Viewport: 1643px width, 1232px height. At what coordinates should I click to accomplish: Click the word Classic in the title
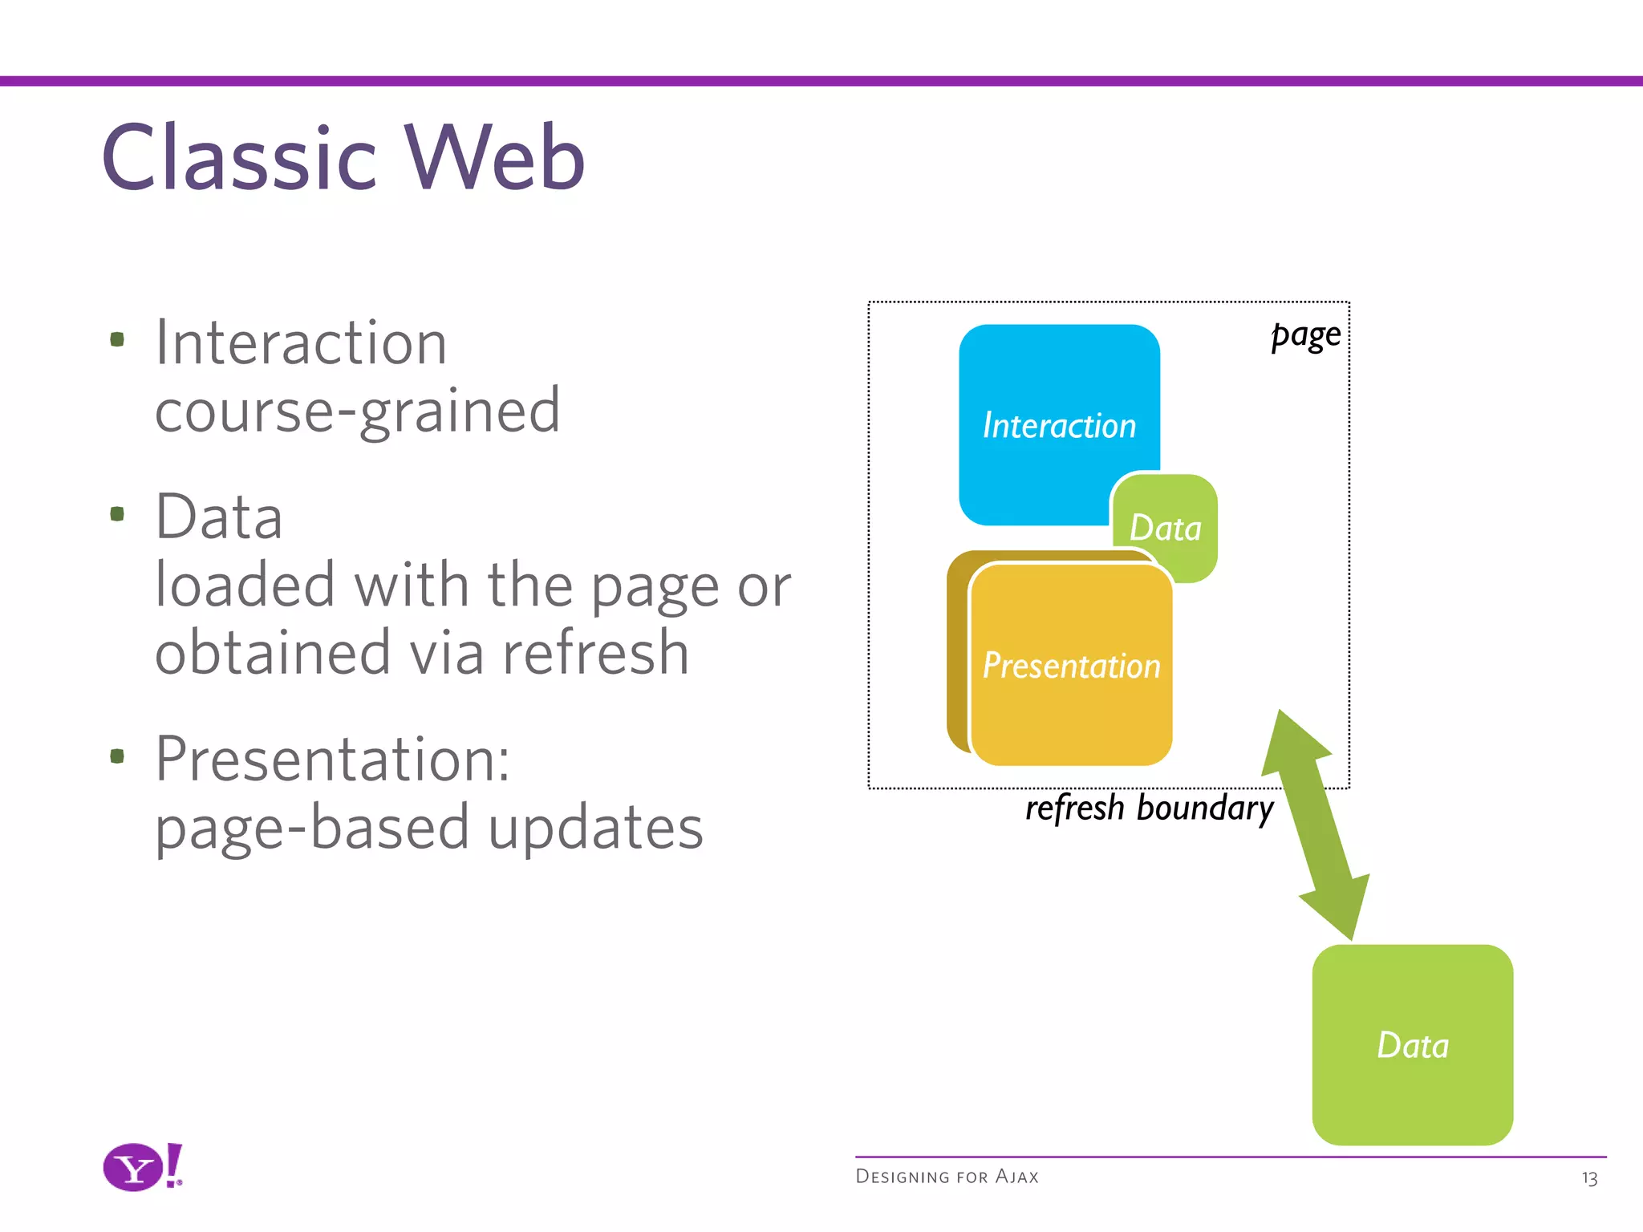(x=238, y=159)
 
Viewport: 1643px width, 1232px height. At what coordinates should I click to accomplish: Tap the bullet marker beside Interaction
(x=117, y=339)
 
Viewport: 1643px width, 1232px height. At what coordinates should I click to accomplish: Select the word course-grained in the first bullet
(x=357, y=411)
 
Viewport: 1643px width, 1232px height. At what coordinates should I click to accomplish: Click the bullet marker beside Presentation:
(x=117, y=756)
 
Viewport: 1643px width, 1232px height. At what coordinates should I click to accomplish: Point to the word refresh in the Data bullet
(x=595, y=653)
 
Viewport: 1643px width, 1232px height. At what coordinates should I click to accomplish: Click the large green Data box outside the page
(x=1412, y=1044)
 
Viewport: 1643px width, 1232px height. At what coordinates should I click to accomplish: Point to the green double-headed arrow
(x=1316, y=826)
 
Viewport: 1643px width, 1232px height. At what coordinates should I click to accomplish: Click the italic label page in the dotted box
(x=1306, y=334)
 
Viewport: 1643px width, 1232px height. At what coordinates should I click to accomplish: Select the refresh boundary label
(x=1149, y=808)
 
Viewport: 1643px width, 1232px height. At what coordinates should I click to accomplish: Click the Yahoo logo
(x=142, y=1167)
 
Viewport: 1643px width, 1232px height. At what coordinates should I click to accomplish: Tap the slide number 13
(x=1588, y=1178)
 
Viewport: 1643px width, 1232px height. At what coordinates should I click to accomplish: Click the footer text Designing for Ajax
(x=947, y=1177)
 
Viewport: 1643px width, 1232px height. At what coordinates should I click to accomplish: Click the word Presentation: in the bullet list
(x=332, y=759)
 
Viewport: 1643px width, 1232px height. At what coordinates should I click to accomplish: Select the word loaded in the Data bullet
(x=245, y=586)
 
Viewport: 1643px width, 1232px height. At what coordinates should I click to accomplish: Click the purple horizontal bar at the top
(x=821, y=81)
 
